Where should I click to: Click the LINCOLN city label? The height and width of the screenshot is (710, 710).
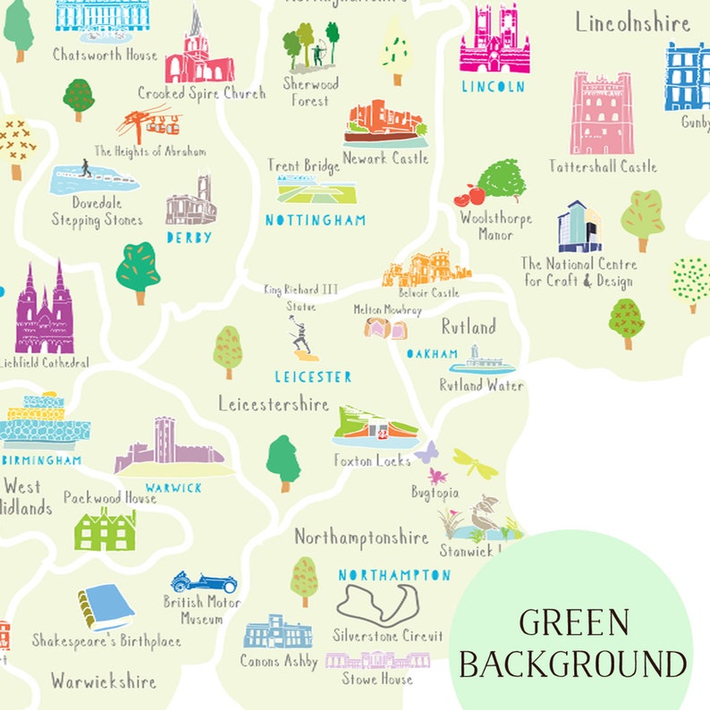click(x=493, y=87)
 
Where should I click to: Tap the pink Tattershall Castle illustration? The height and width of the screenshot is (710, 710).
click(x=602, y=114)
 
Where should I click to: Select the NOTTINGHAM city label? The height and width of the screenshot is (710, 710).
click(x=316, y=219)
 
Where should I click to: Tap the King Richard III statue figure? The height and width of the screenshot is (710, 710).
click(x=302, y=341)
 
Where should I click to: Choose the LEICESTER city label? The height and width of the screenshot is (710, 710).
click(x=313, y=377)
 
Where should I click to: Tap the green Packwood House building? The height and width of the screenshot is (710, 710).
click(x=105, y=529)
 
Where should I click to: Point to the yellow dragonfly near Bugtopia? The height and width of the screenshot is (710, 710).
click(x=475, y=462)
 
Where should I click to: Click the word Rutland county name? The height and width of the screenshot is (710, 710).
click(x=468, y=326)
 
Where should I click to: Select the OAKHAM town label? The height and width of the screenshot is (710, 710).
click(x=433, y=354)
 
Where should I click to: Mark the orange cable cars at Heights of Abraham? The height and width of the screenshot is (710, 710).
click(x=148, y=124)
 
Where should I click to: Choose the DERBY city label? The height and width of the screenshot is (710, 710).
click(x=189, y=238)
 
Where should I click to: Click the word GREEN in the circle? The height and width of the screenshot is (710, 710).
click(x=574, y=622)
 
